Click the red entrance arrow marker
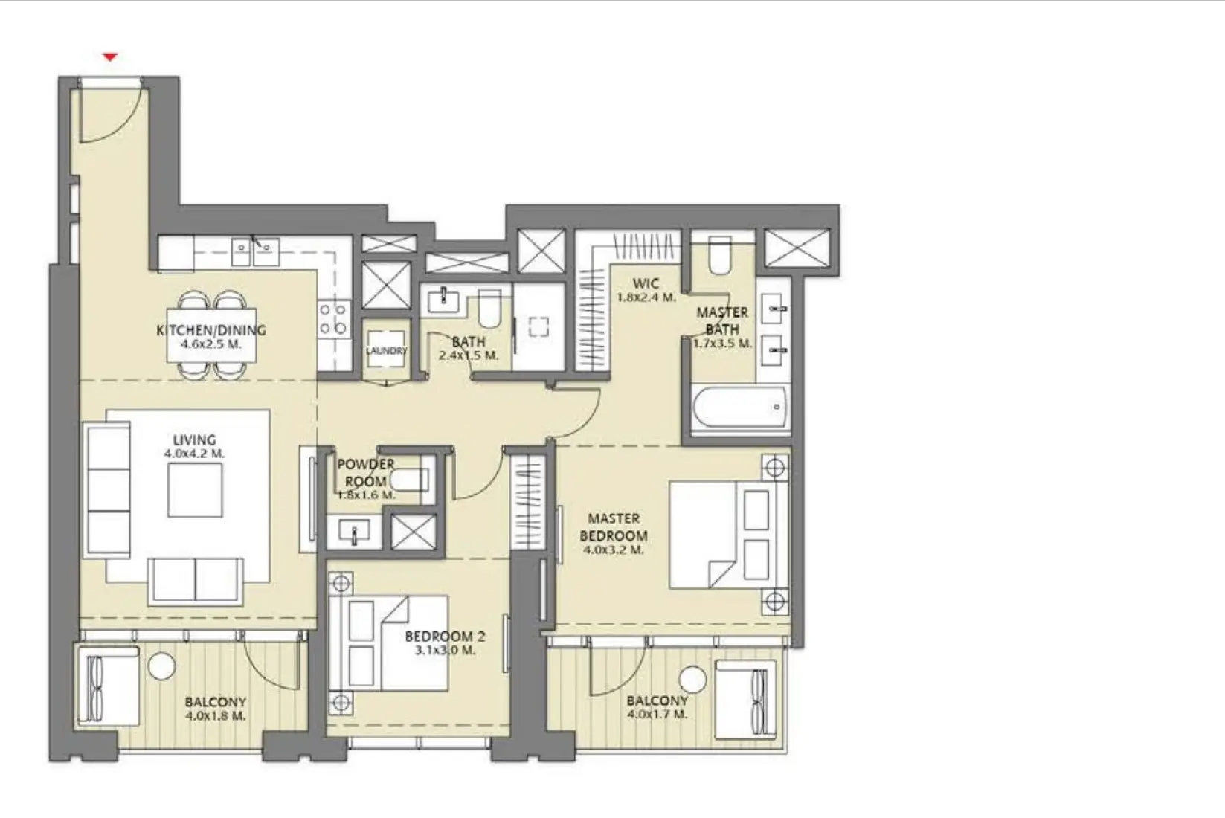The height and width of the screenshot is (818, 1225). click(110, 57)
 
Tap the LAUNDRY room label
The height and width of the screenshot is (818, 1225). click(386, 350)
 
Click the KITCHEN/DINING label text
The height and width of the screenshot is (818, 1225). click(211, 330)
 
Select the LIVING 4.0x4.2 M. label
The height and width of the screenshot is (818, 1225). click(194, 446)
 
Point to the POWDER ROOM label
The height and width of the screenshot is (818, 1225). click(365, 473)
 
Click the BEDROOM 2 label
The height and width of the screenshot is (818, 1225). click(445, 637)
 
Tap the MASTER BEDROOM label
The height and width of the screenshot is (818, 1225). click(614, 527)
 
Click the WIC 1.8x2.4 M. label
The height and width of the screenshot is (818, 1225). click(646, 290)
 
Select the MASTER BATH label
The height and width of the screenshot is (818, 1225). click(722, 321)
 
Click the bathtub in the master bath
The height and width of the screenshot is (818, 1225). click(740, 408)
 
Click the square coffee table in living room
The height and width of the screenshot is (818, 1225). click(195, 490)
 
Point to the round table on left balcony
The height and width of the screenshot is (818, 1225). click(161, 666)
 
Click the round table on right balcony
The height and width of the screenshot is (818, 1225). click(692, 680)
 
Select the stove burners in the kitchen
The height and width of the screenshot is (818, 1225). click(334, 318)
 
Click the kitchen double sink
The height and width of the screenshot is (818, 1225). click(254, 251)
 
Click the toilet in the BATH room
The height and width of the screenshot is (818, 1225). click(489, 308)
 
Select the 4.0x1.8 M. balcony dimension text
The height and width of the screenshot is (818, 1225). click(215, 716)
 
